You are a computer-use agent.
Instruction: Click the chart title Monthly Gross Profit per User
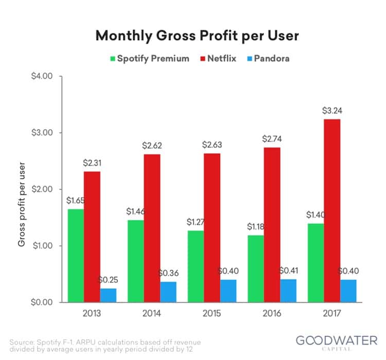coord(193,36)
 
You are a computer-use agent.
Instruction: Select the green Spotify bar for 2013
coord(75,255)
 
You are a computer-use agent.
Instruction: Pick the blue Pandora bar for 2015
coord(227,291)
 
